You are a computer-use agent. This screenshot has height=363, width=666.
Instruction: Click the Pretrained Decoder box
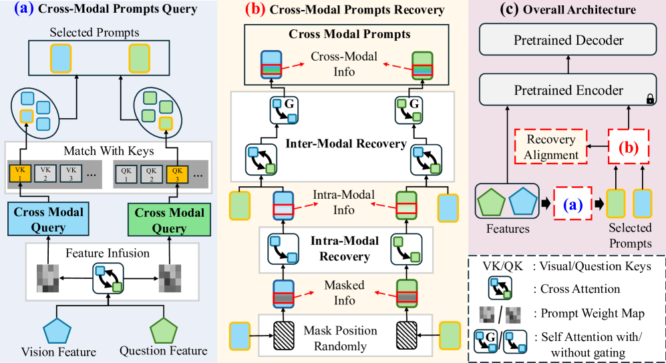point(568,40)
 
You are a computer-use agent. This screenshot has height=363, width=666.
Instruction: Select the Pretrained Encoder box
point(568,90)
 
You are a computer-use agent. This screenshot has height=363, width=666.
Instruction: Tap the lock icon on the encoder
point(649,99)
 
